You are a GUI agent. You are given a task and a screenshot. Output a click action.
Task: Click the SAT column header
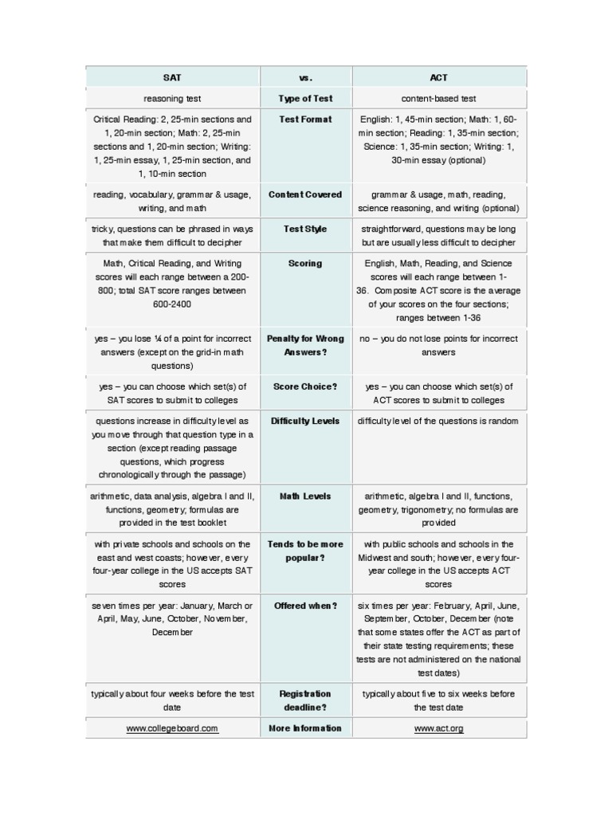[172, 77]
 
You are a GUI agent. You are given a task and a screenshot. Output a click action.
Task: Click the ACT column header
[438, 77]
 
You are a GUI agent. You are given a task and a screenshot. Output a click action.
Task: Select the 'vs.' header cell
[306, 77]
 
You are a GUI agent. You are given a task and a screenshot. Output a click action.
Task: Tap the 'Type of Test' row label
[306, 99]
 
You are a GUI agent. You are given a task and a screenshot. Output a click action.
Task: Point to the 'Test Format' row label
[306, 120]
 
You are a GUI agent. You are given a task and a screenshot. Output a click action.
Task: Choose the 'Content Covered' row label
[305, 194]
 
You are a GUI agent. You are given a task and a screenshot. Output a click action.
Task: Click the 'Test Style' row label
[305, 229]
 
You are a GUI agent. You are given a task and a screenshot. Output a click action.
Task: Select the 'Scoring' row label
[306, 263]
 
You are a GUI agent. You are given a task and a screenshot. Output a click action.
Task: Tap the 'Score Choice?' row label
[305, 386]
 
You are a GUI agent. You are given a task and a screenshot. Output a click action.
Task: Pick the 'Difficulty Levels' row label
[305, 421]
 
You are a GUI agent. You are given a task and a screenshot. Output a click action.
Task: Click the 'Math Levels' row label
[305, 496]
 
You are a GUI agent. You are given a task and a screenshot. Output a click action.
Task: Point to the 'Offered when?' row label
[305, 606]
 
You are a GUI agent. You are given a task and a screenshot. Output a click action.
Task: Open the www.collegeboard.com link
[172, 728]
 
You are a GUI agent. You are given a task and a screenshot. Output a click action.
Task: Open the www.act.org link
[438, 728]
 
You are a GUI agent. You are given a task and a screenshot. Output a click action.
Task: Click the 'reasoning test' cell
[172, 99]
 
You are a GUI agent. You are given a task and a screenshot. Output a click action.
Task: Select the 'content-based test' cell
[438, 99]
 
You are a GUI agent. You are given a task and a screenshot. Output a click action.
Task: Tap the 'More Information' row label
[305, 728]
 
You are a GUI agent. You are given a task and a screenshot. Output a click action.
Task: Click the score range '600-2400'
[172, 304]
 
